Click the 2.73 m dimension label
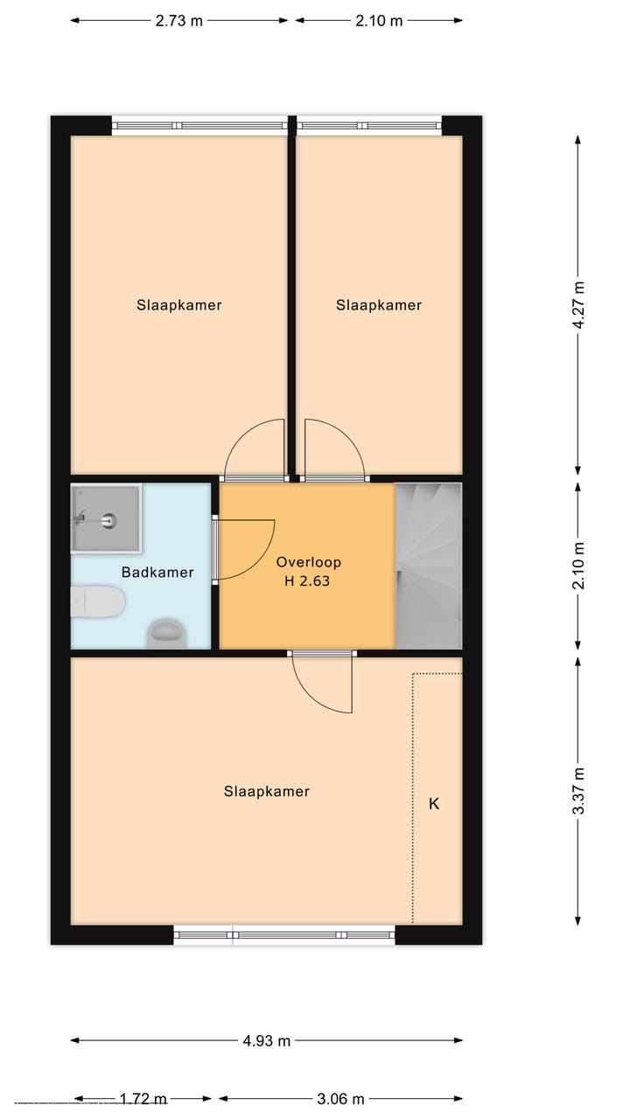(x=178, y=21)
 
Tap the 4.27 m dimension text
(x=577, y=303)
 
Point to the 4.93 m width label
(x=267, y=1040)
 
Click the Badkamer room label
(x=157, y=573)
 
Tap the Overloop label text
(x=308, y=562)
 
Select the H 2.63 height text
(x=307, y=580)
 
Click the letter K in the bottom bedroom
(x=433, y=803)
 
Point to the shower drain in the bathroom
(x=108, y=520)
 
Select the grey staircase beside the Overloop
(x=429, y=566)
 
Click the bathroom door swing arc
(x=249, y=549)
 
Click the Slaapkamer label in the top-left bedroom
(x=178, y=305)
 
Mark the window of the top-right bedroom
(x=369, y=126)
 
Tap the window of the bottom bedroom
(x=284, y=935)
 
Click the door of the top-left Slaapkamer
(x=255, y=450)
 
